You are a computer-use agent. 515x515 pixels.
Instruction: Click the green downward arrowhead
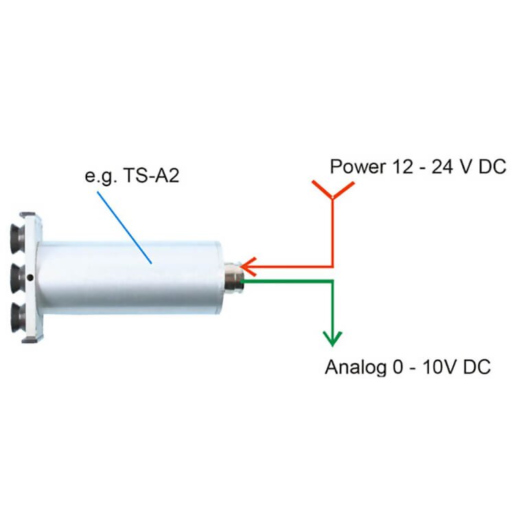pyautogui.click(x=333, y=338)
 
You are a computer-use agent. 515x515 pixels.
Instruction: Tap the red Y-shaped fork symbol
pyautogui.click(x=333, y=192)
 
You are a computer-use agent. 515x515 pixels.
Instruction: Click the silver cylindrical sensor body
pyautogui.click(x=130, y=275)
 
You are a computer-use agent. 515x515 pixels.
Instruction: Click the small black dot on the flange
pyautogui.click(x=32, y=277)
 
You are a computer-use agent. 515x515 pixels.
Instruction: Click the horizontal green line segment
pyautogui.click(x=288, y=280)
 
